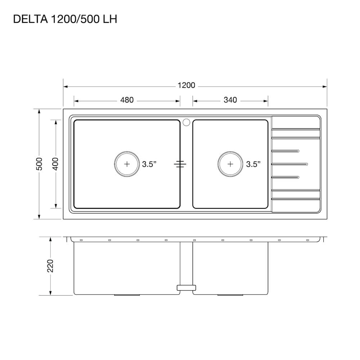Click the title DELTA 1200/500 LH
click(x=65, y=19)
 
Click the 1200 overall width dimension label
click(x=186, y=85)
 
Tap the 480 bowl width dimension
click(x=127, y=100)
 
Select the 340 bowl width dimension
click(x=230, y=100)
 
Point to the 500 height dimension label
click(x=40, y=164)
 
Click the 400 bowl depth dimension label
click(x=55, y=164)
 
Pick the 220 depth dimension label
click(x=50, y=266)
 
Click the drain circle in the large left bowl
click(x=127, y=152)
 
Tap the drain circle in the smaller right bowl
click(x=230, y=152)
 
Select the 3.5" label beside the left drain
click(x=149, y=164)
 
